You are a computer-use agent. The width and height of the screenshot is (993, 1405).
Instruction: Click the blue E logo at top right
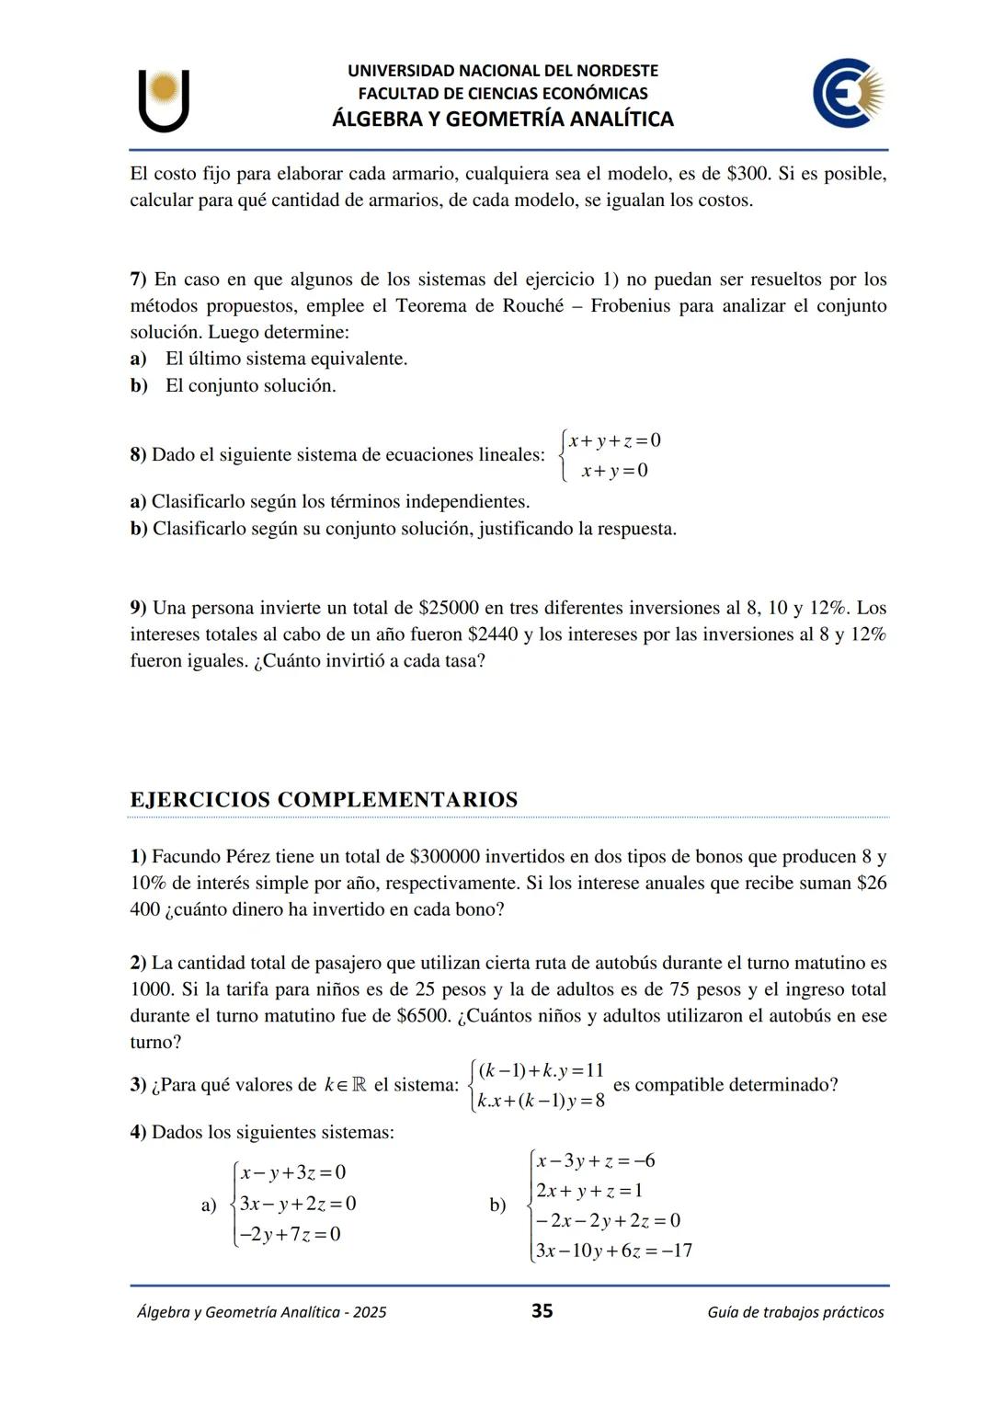click(847, 93)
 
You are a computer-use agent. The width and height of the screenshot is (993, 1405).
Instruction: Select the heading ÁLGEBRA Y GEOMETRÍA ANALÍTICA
click(502, 119)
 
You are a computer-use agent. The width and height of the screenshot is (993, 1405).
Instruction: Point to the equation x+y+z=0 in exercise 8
click(614, 440)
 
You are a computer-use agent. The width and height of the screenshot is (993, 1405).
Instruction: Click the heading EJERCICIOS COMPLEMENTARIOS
click(324, 799)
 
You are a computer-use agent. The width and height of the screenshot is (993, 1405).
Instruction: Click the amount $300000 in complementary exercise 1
click(444, 856)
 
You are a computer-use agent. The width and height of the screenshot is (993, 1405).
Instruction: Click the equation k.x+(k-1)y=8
click(541, 1100)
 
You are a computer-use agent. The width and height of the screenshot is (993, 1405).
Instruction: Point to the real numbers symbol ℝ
click(358, 1085)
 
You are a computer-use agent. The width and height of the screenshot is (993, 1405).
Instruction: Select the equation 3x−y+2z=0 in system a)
click(297, 1204)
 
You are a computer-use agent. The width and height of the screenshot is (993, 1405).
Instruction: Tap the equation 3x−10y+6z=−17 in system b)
click(613, 1251)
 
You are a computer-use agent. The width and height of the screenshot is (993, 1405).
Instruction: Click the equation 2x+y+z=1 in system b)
click(588, 1191)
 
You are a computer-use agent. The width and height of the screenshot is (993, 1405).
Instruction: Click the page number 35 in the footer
click(542, 1310)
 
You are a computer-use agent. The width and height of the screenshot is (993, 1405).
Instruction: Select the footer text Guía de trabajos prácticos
click(795, 1312)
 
